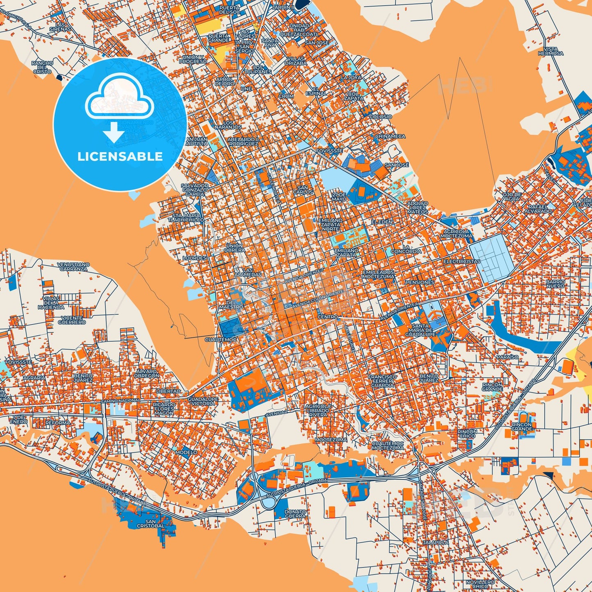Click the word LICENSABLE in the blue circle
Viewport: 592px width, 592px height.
[x=120, y=157]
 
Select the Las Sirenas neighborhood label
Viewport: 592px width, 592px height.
[x=60, y=27]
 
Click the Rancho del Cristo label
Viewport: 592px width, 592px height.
[x=42, y=67]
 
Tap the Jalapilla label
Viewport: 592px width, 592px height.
[x=435, y=542]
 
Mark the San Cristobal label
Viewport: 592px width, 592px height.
[x=150, y=524]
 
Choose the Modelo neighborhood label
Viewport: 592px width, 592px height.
[x=186, y=452]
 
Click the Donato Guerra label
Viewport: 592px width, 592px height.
[x=295, y=514]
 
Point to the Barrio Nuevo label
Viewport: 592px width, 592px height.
[x=555, y=284]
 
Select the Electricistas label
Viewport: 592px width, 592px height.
[x=462, y=261]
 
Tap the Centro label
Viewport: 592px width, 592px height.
[x=328, y=317]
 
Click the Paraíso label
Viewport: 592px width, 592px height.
[x=507, y=357]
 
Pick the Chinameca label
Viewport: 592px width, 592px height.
[x=390, y=136]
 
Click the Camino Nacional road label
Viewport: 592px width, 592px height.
[x=120, y=400]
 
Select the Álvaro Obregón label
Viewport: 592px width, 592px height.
[x=146, y=374]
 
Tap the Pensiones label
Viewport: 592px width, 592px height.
[x=420, y=282]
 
